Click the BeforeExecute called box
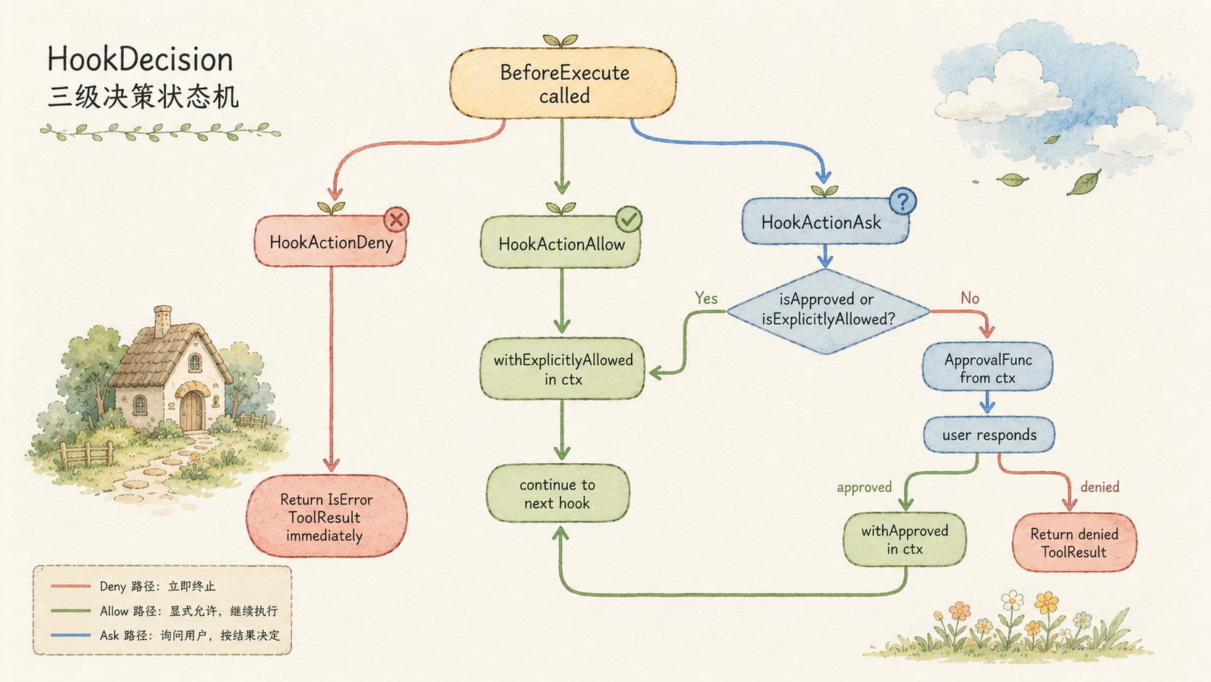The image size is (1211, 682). (563, 83)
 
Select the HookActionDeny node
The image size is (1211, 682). (330, 241)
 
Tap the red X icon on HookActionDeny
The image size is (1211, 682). (396, 219)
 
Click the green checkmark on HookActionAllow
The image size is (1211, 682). (628, 219)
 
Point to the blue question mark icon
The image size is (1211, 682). (903, 201)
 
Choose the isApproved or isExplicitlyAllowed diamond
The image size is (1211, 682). (829, 311)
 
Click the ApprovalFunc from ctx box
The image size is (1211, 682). (988, 367)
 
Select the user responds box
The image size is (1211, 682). (989, 435)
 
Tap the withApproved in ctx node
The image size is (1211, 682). (905, 539)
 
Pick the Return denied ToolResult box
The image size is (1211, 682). (1074, 542)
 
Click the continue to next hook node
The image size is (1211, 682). (558, 494)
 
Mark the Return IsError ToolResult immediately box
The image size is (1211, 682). (327, 517)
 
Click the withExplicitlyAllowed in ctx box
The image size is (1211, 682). (562, 369)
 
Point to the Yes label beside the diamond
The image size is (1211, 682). (706, 298)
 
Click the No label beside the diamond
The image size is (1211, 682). (970, 298)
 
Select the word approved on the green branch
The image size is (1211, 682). (865, 487)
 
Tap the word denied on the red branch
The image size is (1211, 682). (1099, 487)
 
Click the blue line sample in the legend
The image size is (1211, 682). (71, 635)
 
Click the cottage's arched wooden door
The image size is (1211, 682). (192, 410)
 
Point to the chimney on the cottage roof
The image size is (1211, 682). (163, 321)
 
